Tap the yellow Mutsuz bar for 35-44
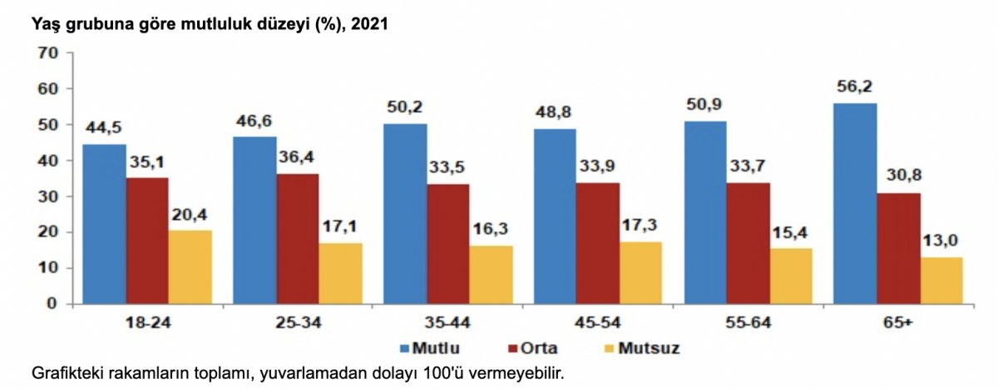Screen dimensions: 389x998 point(491,274)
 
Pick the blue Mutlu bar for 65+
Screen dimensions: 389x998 point(856,203)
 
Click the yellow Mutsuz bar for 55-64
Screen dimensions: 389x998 point(791,276)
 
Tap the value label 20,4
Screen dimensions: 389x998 point(190,214)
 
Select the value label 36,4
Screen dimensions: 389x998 point(297,157)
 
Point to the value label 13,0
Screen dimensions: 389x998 point(941,241)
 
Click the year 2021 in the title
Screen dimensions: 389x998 point(370,24)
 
